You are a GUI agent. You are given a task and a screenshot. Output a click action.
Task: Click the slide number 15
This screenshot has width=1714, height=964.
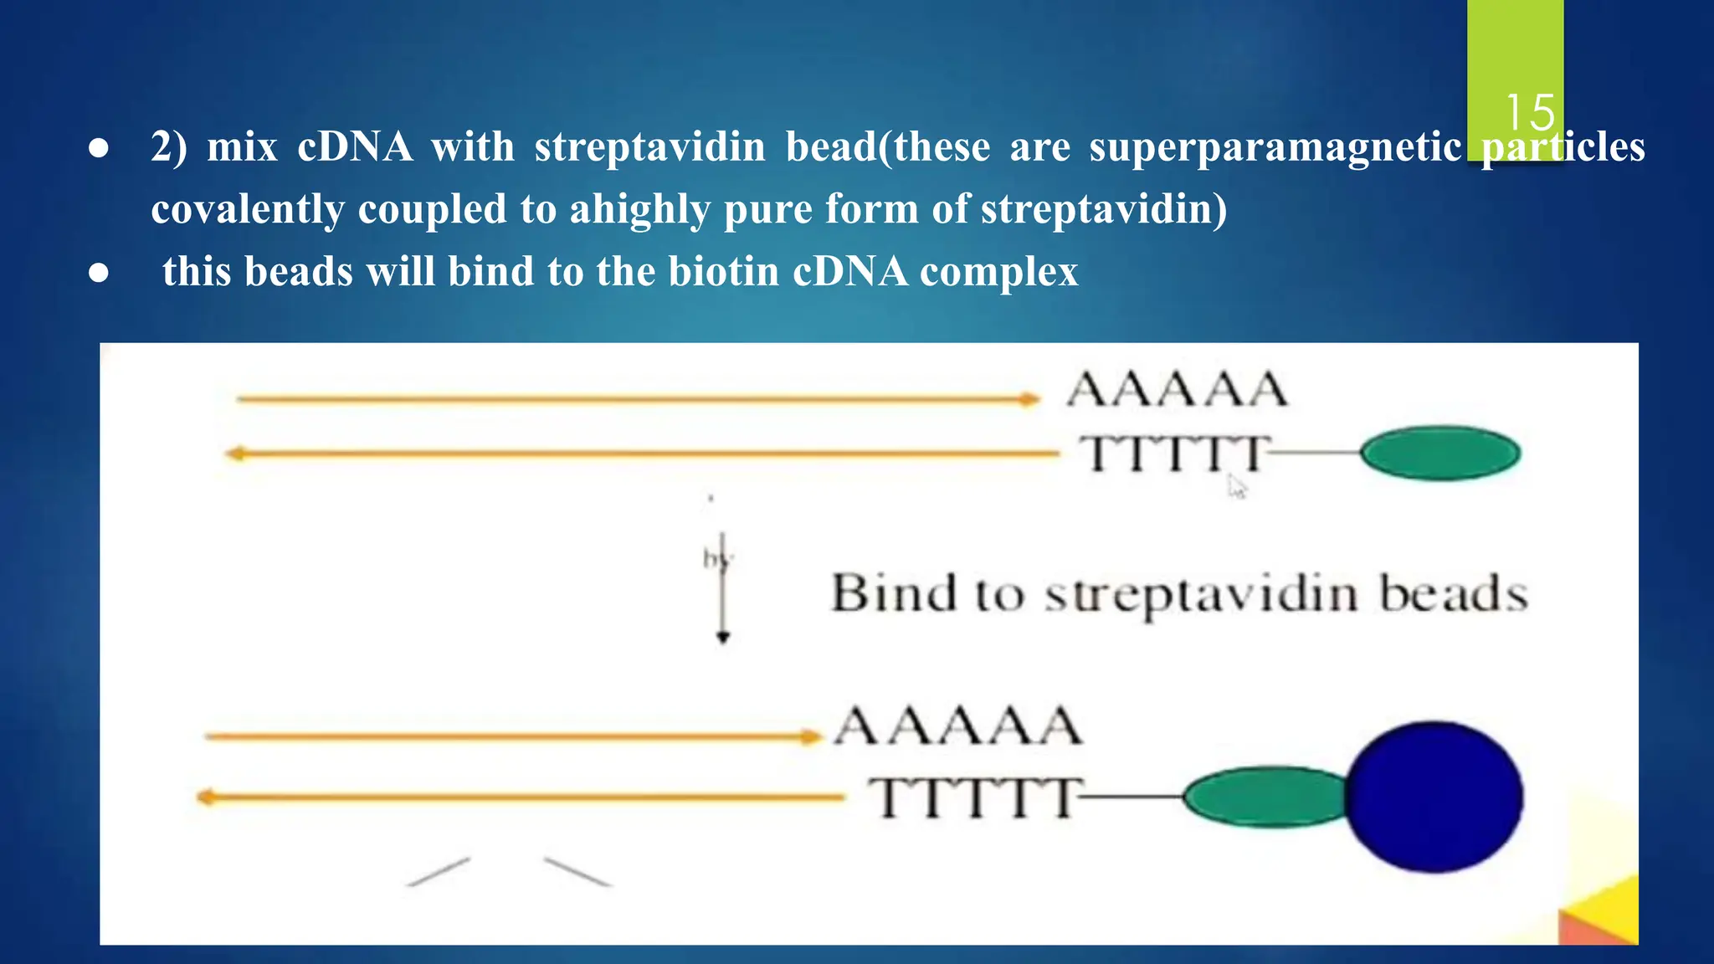coord(1530,112)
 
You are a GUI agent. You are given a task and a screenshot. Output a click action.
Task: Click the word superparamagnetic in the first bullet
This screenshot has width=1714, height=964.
coord(1275,147)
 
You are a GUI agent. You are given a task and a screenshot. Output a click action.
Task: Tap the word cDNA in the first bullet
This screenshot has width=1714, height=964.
coord(355,147)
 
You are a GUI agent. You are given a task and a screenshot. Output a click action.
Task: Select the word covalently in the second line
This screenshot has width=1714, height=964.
coord(247,209)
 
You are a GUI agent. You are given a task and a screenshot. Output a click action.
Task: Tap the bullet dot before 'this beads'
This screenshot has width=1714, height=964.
coord(99,273)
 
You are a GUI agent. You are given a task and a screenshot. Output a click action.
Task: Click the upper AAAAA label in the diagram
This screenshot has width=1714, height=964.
coord(1177,390)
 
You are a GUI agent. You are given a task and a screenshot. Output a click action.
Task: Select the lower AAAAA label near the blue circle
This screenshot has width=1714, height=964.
coord(959,726)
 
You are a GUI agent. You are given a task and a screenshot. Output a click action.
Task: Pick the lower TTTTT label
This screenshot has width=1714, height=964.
coord(974,797)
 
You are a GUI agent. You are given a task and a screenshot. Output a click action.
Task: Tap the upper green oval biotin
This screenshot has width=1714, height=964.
coord(1440,454)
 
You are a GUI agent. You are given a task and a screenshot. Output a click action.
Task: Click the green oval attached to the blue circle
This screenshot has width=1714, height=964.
coord(1264,797)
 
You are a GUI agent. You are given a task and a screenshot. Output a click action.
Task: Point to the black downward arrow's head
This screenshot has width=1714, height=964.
coord(724,638)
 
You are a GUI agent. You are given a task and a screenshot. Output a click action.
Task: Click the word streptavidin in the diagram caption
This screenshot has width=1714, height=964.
coord(1202,595)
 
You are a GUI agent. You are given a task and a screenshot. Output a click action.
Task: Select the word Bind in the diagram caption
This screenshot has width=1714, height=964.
coord(893,593)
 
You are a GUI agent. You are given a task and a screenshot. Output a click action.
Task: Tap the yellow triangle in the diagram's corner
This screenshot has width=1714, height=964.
coord(1611,912)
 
